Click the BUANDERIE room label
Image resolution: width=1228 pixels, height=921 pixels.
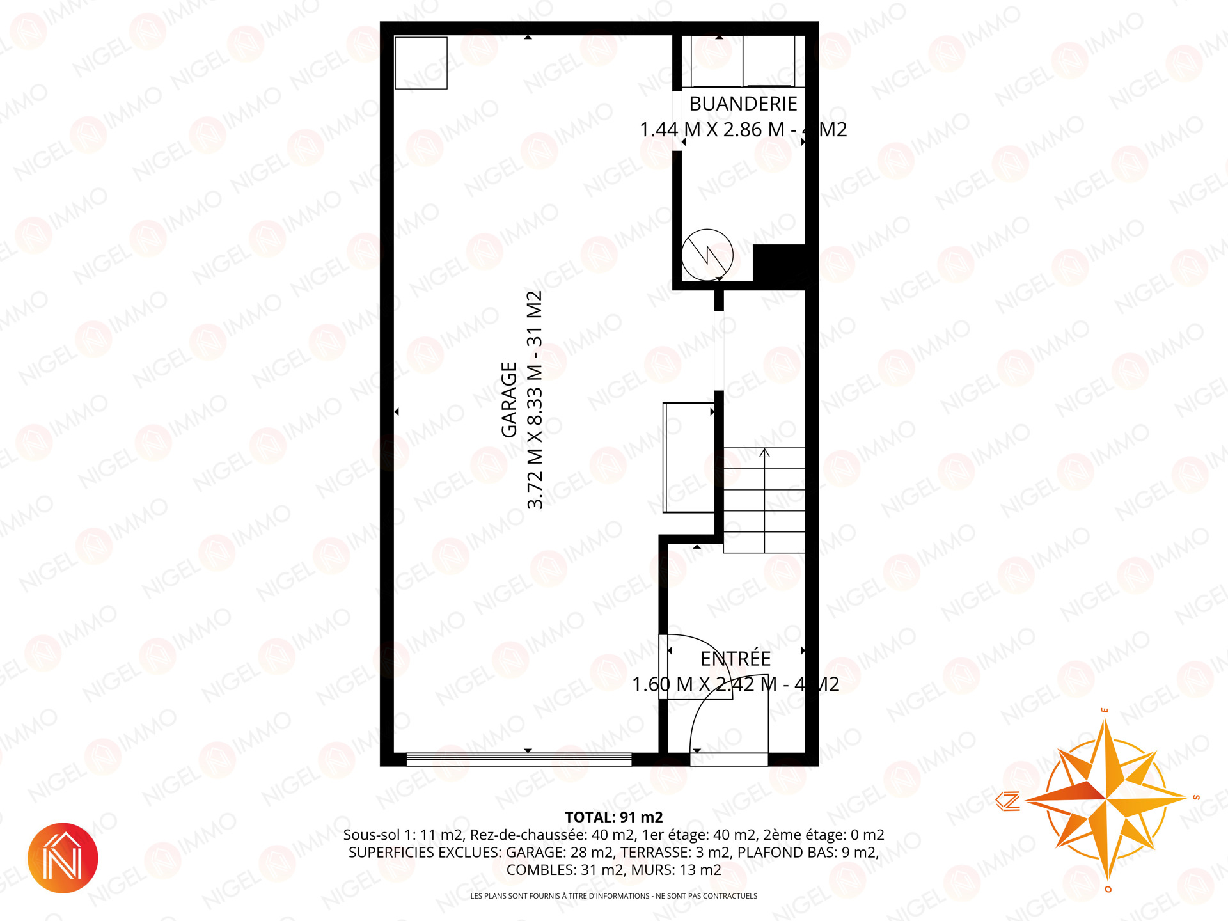[x=743, y=104]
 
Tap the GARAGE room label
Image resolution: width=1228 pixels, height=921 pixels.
[x=508, y=400]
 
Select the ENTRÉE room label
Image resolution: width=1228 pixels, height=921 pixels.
[x=736, y=659]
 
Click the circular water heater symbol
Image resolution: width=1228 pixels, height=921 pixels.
[x=707, y=255]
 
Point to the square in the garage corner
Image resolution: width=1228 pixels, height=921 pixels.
[x=421, y=63]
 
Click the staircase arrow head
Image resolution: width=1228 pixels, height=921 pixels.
[x=764, y=453]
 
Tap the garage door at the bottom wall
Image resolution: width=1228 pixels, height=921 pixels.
[x=519, y=759]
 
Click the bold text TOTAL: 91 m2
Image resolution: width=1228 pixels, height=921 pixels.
[x=614, y=817]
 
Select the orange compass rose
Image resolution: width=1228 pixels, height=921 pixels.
[x=1106, y=799]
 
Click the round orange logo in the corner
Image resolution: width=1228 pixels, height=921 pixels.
[x=63, y=858]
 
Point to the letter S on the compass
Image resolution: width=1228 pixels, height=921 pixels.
[x=1196, y=798]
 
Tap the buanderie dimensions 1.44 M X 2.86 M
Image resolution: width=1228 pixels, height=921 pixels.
[x=712, y=130]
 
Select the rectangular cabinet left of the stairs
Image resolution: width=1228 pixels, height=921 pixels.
[x=689, y=457]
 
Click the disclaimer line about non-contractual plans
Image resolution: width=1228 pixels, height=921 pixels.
[x=614, y=896]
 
